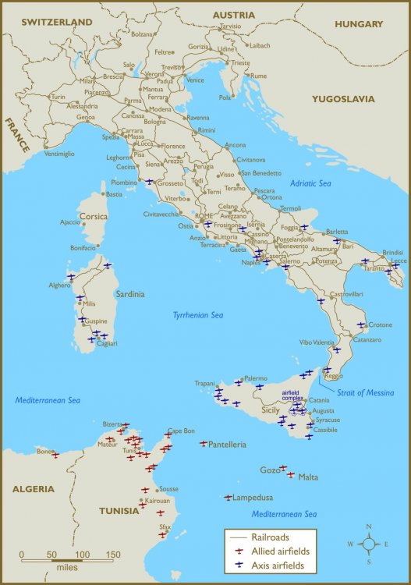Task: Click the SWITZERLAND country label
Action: click(58, 23)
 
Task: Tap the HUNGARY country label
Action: click(359, 24)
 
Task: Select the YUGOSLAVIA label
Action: click(343, 99)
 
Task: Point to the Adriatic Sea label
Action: click(311, 183)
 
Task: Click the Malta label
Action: click(308, 477)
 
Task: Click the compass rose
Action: click(368, 544)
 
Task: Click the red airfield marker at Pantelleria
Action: click(204, 443)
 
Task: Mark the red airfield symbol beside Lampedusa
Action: click(228, 497)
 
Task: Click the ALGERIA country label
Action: click(33, 489)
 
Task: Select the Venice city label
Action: click(195, 80)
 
